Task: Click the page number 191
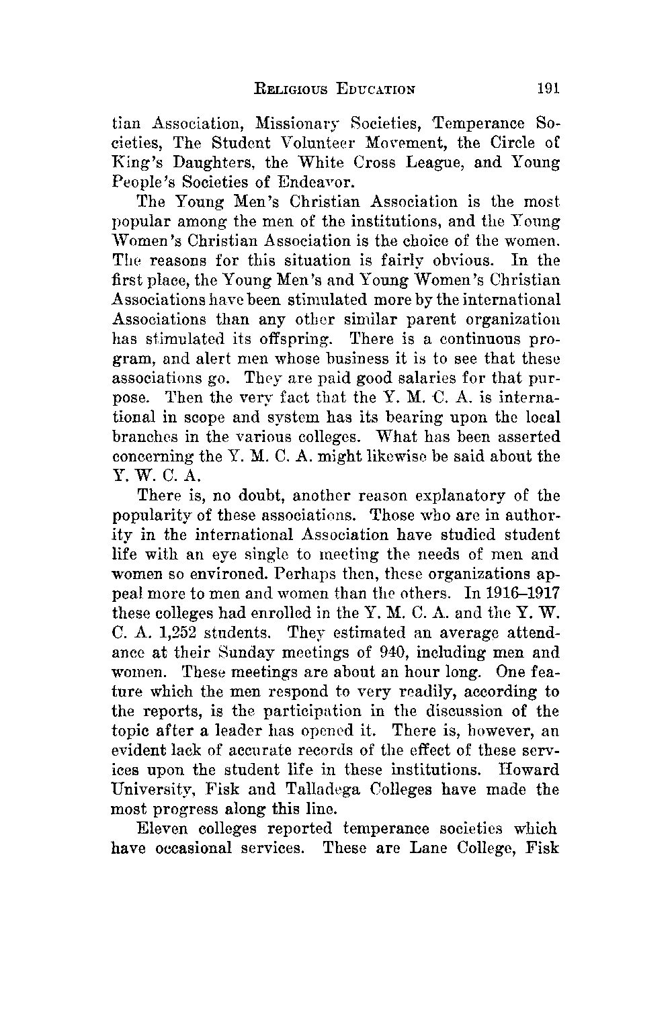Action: click(x=548, y=88)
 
